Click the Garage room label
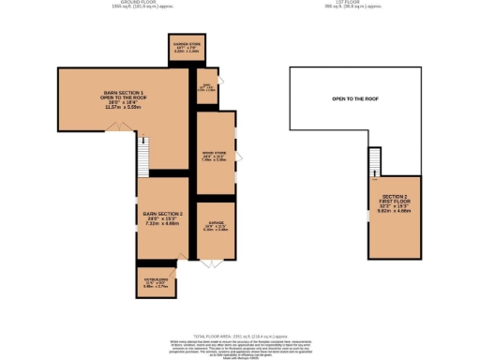(x=215, y=225)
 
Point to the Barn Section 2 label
(x=161, y=215)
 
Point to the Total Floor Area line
(x=240, y=333)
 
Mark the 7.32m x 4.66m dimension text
(x=161, y=225)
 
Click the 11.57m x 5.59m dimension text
(x=122, y=107)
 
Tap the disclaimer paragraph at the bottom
(x=240, y=346)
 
